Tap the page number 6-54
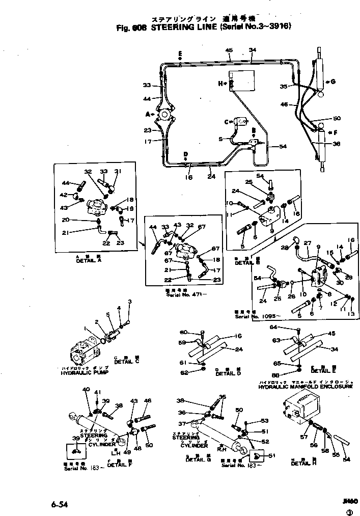point(59,504)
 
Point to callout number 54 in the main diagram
point(283,147)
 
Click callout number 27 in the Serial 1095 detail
point(307,243)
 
